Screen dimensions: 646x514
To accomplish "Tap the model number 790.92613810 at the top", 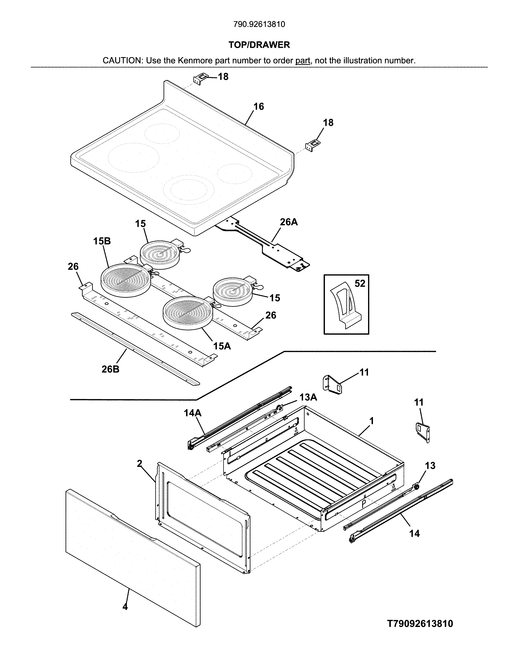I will [259, 24].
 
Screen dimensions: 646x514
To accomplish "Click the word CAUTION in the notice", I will [123, 61].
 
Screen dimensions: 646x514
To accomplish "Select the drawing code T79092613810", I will [420, 624].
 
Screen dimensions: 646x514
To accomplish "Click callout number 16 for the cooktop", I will [259, 107].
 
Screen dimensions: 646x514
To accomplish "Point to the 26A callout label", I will [289, 222].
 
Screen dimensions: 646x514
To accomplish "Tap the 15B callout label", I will [102, 241].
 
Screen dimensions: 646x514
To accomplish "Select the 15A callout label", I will [222, 346].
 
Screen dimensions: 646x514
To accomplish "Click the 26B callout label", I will [110, 369].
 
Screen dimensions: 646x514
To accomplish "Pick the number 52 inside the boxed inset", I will [360, 283].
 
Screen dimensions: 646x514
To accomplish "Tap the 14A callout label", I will [193, 413].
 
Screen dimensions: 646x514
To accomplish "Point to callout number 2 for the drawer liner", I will [140, 464].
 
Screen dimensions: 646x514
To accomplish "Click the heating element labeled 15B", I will [125, 281].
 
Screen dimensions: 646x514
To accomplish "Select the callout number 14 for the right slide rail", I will [414, 534].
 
